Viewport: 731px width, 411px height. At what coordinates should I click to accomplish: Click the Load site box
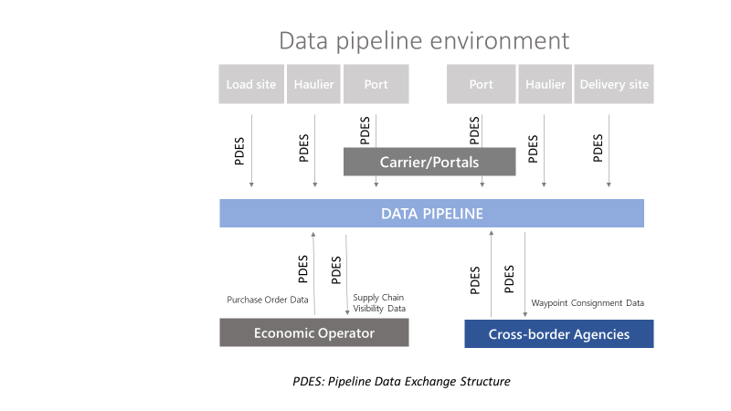[251, 84]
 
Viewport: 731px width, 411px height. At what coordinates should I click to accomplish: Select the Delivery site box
[613, 84]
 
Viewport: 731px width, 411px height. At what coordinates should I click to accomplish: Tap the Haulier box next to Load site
[313, 84]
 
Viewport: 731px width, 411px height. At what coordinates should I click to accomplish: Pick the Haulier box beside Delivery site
[545, 84]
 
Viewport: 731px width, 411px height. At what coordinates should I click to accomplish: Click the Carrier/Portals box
[429, 162]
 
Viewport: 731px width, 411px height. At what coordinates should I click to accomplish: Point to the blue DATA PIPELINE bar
[431, 214]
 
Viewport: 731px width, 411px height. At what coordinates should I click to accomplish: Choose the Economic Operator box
[314, 332]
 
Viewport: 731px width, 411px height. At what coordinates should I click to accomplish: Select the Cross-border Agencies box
[559, 333]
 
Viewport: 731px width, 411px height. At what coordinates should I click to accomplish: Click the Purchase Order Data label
[268, 300]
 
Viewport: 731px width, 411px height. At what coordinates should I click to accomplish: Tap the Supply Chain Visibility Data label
[379, 303]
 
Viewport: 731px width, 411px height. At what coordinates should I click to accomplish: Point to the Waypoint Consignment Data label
[588, 303]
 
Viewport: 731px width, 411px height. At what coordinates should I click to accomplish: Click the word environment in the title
[499, 40]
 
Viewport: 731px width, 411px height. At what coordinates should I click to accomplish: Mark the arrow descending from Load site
[252, 151]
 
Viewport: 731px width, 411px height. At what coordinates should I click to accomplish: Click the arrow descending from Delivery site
[609, 151]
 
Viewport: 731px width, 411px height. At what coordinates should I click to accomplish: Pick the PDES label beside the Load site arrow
[239, 151]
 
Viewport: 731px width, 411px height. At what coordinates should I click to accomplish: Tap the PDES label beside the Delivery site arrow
[598, 148]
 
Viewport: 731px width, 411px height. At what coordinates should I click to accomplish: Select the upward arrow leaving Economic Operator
[313, 273]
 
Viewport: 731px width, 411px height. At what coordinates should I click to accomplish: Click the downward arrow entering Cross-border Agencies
[524, 275]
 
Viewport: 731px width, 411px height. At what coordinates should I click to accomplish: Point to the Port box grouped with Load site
[376, 84]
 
